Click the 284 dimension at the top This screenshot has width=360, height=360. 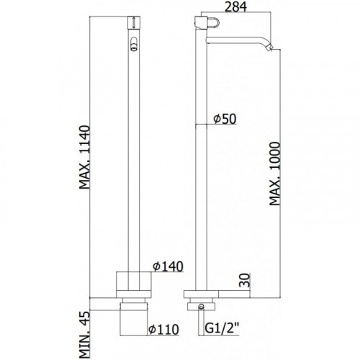click(235, 6)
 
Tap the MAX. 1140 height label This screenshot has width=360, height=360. click(85, 157)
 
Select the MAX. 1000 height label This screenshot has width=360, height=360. click(274, 174)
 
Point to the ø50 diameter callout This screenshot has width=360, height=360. click(225, 119)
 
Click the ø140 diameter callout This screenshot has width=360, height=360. click(168, 266)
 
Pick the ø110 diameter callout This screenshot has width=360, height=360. click(163, 329)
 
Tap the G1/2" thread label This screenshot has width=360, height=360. click(222, 328)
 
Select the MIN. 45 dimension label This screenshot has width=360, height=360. click(85, 335)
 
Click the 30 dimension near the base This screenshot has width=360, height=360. click(245, 280)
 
